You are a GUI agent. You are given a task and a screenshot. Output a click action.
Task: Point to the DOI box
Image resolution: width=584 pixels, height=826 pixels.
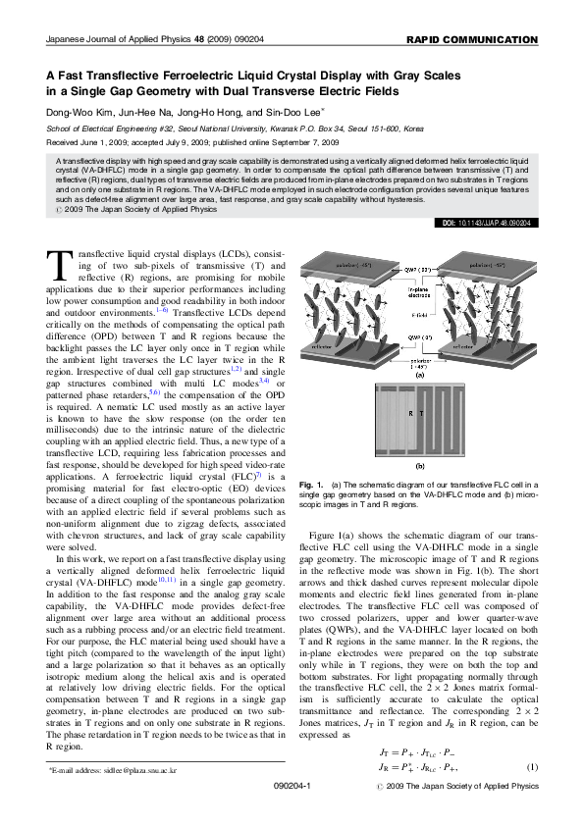(489, 223)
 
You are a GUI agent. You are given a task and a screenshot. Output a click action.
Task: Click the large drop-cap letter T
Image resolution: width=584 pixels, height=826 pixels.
(60, 266)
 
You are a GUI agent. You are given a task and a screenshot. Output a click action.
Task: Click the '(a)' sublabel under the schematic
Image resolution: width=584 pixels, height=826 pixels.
(420, 374)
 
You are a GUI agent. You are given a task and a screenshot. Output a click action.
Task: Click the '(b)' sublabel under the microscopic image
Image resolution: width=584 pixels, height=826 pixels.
(420, 466)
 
